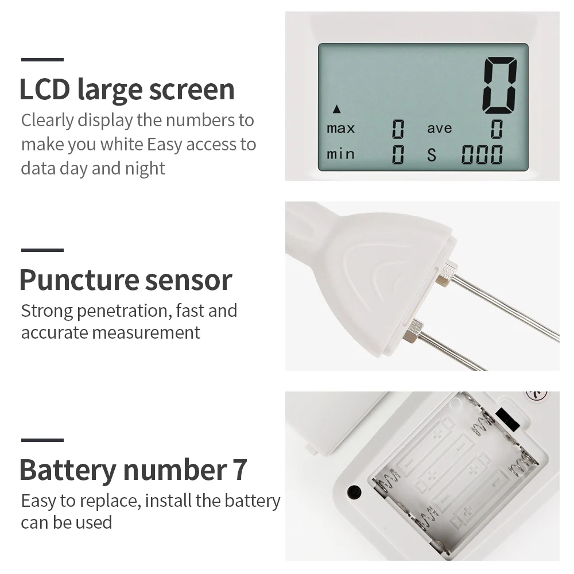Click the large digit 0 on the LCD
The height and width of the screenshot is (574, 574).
click(x=500, y=86)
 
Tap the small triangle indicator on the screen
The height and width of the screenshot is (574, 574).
click(x=337, y=108)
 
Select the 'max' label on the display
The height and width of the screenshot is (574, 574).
click(x=341, y=129)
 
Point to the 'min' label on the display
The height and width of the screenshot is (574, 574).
click(x=340, y=154)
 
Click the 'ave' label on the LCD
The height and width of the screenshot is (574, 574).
click(x=439, y=129)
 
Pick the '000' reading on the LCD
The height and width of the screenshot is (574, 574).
click(x=482, y=154)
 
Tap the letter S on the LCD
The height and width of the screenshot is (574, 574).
click(x=432, y=155)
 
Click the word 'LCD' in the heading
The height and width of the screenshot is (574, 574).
click(x=44, y=89)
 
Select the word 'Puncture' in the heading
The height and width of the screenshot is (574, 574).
click(x=79, y=280)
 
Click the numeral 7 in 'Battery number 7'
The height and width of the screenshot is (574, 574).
click(x=239, y=470)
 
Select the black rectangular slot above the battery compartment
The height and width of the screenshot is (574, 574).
click(x=507, y=420)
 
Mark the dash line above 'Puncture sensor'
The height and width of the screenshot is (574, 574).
click(x=42, y=250)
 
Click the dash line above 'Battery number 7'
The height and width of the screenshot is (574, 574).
click(x=42, y=440)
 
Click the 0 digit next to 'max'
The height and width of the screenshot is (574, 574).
click(x=398, y=129)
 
